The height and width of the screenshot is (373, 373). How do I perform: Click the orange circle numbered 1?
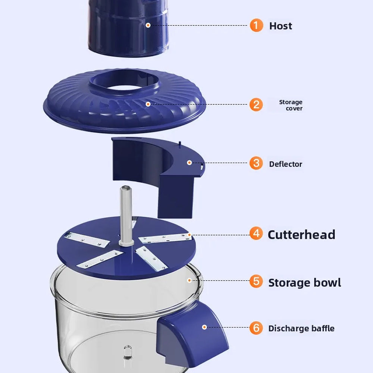tap(256, 25)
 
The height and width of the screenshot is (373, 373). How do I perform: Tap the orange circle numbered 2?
tap(256, 104)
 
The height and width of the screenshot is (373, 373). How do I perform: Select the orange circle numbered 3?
tap(256, 163)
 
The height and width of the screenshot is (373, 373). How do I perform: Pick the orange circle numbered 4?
tap(256, 233)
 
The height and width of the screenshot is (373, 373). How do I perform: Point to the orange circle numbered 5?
tap(256, 281)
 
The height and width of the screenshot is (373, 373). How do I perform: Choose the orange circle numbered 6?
tap(256, 328)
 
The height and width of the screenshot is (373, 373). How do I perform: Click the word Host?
tap(280, 26)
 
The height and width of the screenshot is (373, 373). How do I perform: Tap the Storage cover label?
tap(291, 105)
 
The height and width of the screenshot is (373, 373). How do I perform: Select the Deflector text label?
tap(285, 164)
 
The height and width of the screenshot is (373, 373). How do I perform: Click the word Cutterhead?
tap(301, 235)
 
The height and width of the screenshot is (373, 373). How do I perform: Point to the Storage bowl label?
tap(304, 283)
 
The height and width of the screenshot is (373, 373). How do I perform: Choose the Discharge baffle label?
tap(301, 329)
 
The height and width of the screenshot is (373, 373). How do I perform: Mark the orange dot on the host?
tap(148, 25)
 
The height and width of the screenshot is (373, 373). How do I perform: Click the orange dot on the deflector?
tap(189, 163)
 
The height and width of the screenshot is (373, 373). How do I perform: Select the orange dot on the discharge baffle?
tap(204, 327)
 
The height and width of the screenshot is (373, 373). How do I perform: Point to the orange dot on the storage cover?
tap(148, 104)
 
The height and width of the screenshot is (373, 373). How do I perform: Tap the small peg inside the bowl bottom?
tap(128, 352)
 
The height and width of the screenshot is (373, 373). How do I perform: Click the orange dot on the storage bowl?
tap(189, 280)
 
